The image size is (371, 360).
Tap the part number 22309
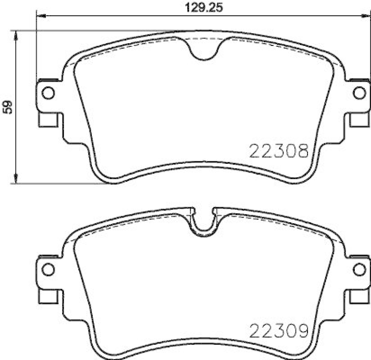coord(279,331)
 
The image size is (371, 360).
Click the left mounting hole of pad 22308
coord(49,93)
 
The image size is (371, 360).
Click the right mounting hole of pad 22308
coord(358,93)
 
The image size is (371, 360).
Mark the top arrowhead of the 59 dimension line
coord(17,35)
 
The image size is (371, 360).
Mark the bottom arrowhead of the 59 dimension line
coord(17,179)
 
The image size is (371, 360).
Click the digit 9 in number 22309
coord(302,331)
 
